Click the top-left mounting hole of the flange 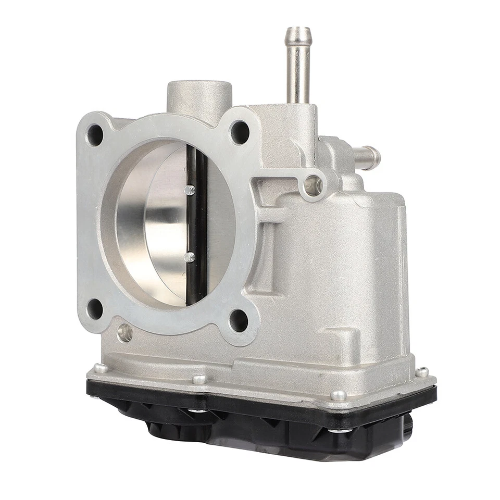(x=95, y=135)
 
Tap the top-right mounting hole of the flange (x=239, y=132)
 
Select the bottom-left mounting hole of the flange (x=94, y=309)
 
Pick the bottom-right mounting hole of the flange (x=239, y=320)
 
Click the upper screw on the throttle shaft (x=190, y=190)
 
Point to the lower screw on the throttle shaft (x=190, y=257)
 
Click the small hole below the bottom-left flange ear (x=124, y=332)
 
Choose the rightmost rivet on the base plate (x=422, y=372)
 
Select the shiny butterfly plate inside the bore (x=156, y=224)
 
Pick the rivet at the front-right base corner (x=338, y=395)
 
